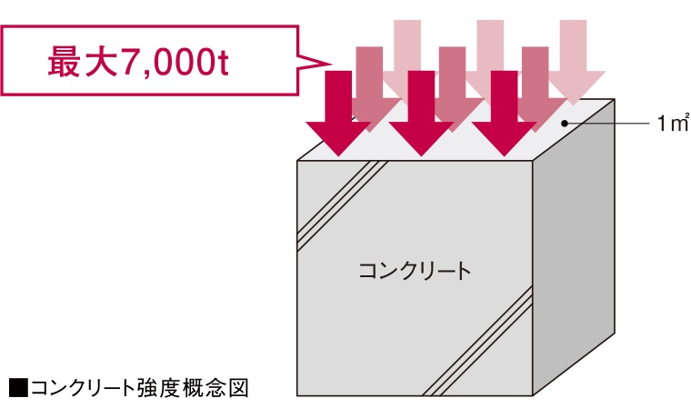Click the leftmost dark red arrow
(338, 113)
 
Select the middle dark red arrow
(421, 113)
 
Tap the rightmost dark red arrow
(504, 113)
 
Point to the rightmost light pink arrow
(574, 62)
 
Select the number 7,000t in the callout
(174, 62)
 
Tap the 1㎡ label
(673, 123)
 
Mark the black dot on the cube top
(565, 124)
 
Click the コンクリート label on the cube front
(415, 270)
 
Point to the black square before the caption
(18, 388)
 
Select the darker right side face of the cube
(574, 247)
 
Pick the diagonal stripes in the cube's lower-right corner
(477, 341)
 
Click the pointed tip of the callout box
(331, 64)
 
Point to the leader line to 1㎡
(608, 124)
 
